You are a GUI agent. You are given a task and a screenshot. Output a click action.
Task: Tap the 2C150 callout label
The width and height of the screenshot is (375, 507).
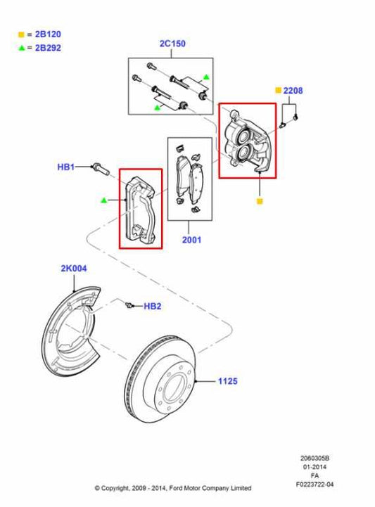tap(172, 44)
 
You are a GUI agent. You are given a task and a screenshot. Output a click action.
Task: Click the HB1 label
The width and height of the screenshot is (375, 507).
tap(65, 167)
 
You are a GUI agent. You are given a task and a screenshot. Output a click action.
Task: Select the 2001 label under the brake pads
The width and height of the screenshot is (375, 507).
tap(191, 240)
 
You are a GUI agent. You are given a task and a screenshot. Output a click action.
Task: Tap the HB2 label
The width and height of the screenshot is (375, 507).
tap(153, 307)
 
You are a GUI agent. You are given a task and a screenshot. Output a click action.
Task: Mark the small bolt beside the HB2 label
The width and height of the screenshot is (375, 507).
tap(129, 305)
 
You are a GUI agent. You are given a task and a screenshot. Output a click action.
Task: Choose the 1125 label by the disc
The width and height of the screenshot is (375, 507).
tap(227, 381)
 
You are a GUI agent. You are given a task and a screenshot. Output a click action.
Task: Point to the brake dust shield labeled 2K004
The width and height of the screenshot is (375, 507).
tap(70, 330)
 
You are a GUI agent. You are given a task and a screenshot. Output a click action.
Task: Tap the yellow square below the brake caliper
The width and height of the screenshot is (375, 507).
tap(260, 202)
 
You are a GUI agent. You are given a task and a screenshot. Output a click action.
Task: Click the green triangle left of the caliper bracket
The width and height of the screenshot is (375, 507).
tap(103, 200)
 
